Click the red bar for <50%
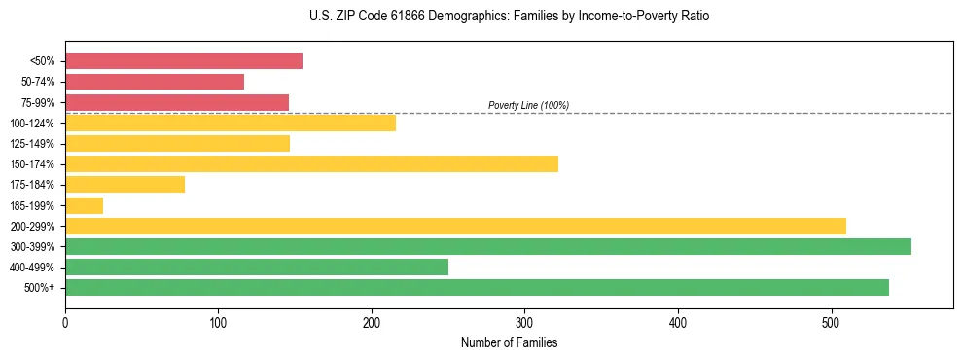[x=184, y=61]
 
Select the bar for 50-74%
[x=155, y=82]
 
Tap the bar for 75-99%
[x=177, y=102]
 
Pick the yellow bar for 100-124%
[x=231, y=123]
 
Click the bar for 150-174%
[x=311, y=163]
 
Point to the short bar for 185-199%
[x=84, y=205]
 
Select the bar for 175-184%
[x=125, y=185]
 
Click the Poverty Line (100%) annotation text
[x=528, y=105]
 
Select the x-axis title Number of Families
[x=509, y=343]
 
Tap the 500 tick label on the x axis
[x=831, y=323]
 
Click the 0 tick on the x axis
[x=65, y=323]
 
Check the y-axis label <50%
[x=43, y=61]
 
